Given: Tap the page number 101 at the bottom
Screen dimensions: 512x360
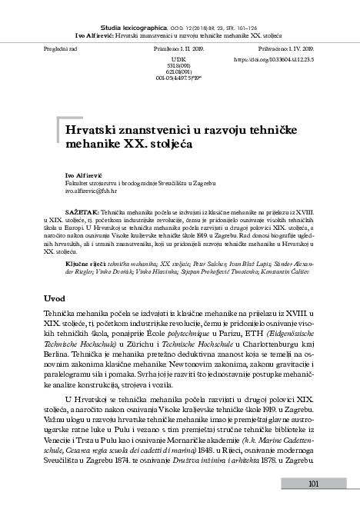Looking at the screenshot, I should pos(312,483).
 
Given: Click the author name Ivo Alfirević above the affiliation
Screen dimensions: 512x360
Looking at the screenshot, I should pos(84,176).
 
